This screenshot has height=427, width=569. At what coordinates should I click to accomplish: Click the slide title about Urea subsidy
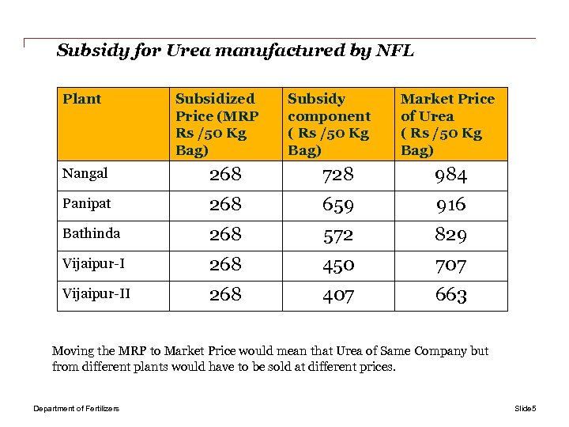tap(236, 51)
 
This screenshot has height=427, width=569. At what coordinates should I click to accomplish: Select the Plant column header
tap(82, 99)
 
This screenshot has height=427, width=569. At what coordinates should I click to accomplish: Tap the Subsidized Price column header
tap(217, 124)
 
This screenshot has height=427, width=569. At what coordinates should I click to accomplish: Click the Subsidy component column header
tap(329, 124)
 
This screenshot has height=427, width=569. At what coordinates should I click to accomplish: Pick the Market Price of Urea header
tap(447, 124)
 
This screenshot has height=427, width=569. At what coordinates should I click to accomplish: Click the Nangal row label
tap(85, 173)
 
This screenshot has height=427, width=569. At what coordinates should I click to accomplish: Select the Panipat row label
tap(87, 203)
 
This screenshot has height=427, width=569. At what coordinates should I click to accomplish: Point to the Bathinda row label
tap(92, 233)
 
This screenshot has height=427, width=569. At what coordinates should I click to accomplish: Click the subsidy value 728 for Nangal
tap(338, 175)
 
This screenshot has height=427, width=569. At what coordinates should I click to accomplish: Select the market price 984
tap(450, 175)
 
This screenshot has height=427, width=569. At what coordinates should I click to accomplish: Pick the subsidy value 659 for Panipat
tap(338, 205)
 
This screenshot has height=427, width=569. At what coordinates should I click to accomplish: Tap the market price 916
tap(450, 205)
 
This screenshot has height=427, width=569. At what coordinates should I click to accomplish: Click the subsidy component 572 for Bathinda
tap(338, 235)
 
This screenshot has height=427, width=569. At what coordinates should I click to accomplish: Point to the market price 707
tap(450, 265)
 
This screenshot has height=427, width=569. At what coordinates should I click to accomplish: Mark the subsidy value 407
tap(338, 295)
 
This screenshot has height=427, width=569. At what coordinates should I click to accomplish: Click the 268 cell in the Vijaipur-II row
tap(225, 295)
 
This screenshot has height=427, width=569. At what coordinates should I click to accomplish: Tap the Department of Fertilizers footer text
tap(76, 408)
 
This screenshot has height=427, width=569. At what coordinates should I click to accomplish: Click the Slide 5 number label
tap(525, 408)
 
